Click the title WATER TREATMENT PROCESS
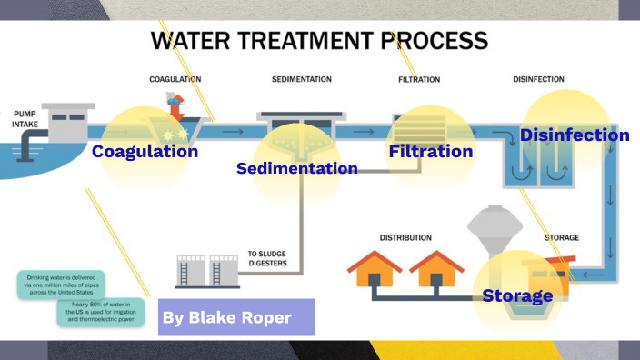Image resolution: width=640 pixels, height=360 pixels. (x=319, y=41)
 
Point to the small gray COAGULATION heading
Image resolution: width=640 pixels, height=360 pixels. (x=175, y=80)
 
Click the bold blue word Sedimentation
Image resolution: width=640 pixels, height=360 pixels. (x=296, y=168)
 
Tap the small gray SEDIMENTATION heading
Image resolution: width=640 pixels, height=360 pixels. (x=303, y=80)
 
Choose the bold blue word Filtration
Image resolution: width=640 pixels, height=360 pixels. (x=430, y=152)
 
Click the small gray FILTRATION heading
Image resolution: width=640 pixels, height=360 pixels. (x=420, y=80)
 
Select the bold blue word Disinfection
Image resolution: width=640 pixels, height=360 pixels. (x=575, y=135)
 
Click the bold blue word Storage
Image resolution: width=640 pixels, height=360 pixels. (x=517, y=295)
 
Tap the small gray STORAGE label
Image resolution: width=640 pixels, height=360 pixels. (x=562, y=238)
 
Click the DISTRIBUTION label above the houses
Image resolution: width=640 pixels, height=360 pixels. (x=405, y=238)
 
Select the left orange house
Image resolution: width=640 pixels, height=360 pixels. (x=373, y=266)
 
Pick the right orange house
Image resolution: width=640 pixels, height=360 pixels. (x=434, y=266)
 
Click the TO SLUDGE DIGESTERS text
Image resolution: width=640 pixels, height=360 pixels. (x=267, y=259)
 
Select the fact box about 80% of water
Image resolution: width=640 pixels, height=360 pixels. (x=99, y=312)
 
